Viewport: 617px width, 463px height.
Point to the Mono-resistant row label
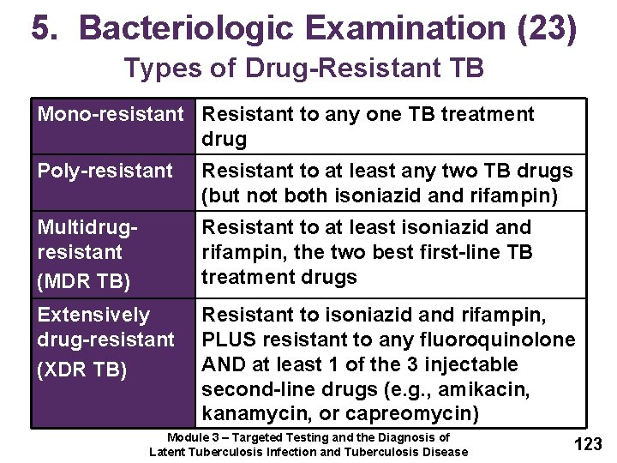(111, 114)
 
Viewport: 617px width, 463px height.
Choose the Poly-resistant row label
(105, 171)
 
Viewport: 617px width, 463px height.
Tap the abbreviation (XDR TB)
(81, 370)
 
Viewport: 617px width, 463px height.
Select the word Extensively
(93, 315)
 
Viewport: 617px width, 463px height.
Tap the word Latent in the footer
(170, 452)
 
